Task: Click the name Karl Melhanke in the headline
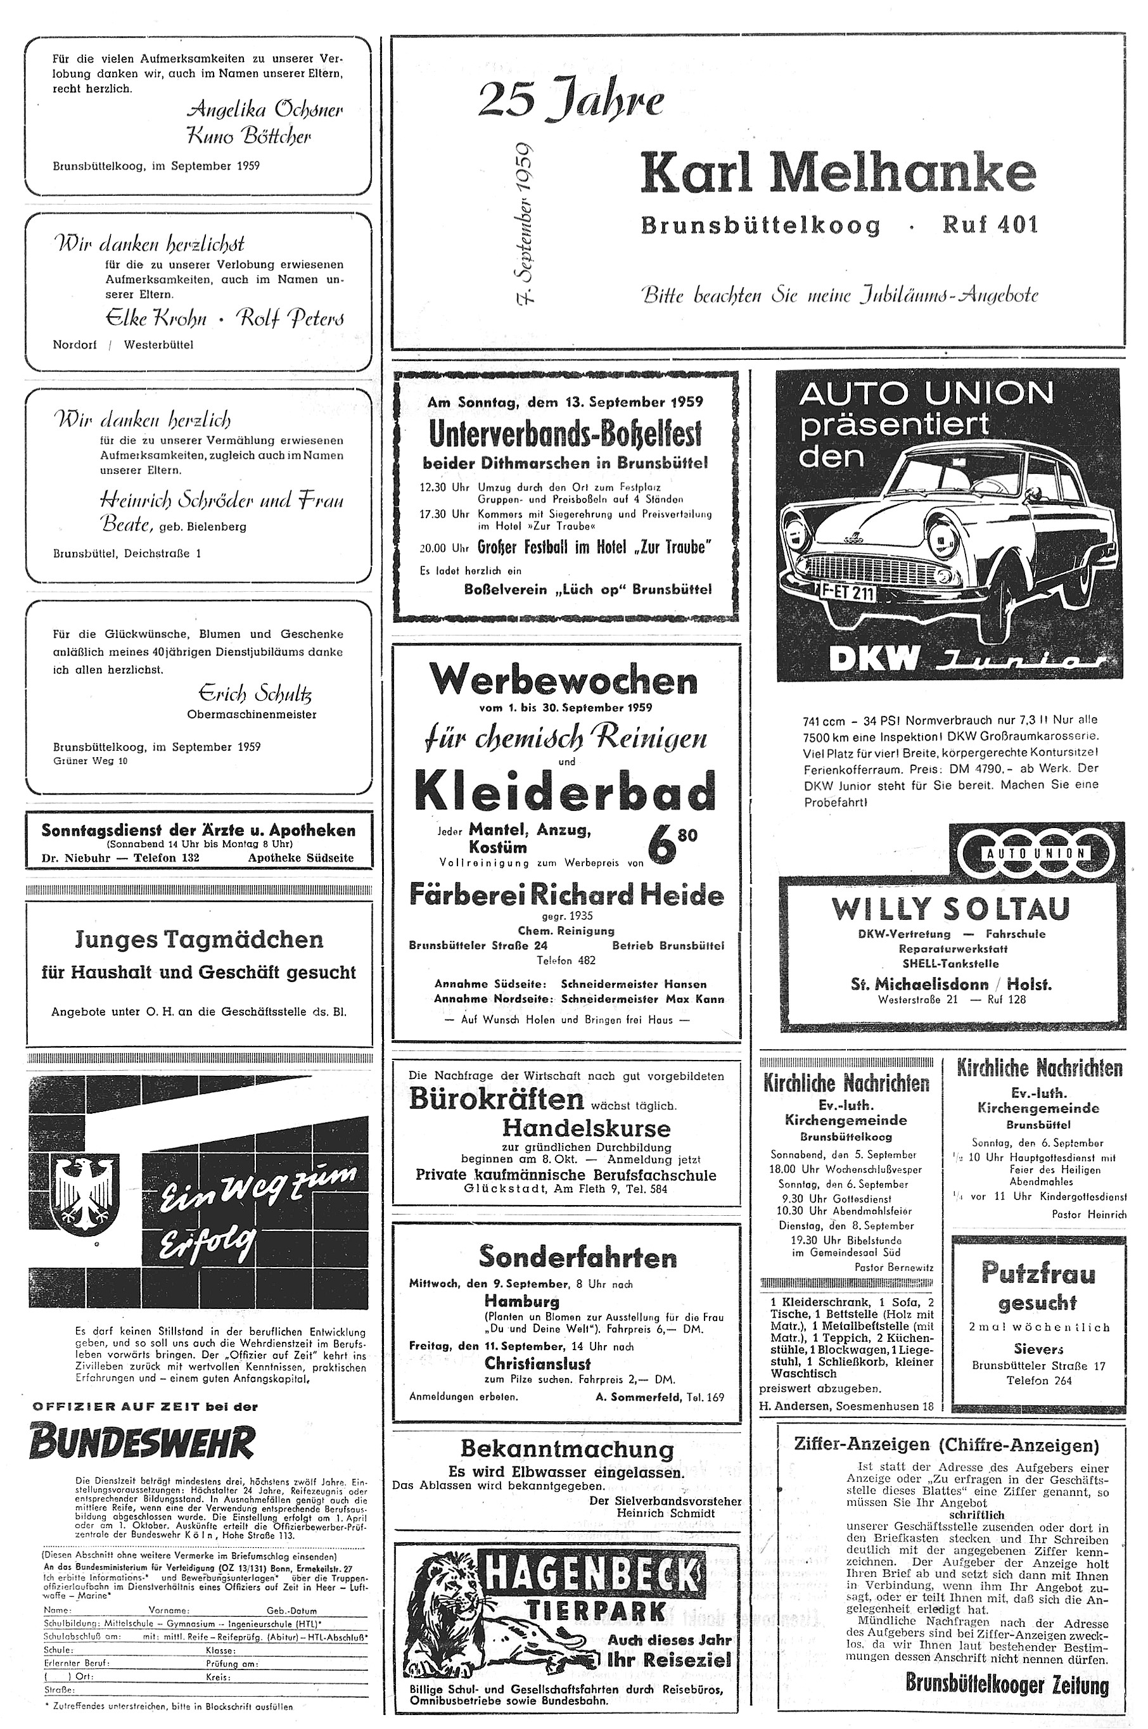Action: coord(838,174)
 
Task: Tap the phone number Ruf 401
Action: coord(990,225)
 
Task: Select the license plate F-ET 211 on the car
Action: coord(846,592)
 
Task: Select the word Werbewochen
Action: coord(563,681)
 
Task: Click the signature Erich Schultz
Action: coord(255,692)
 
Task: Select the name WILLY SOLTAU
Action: coord(950,909)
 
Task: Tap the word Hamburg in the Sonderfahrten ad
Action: coord(521,1301)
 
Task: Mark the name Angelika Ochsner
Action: coord(265,110)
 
